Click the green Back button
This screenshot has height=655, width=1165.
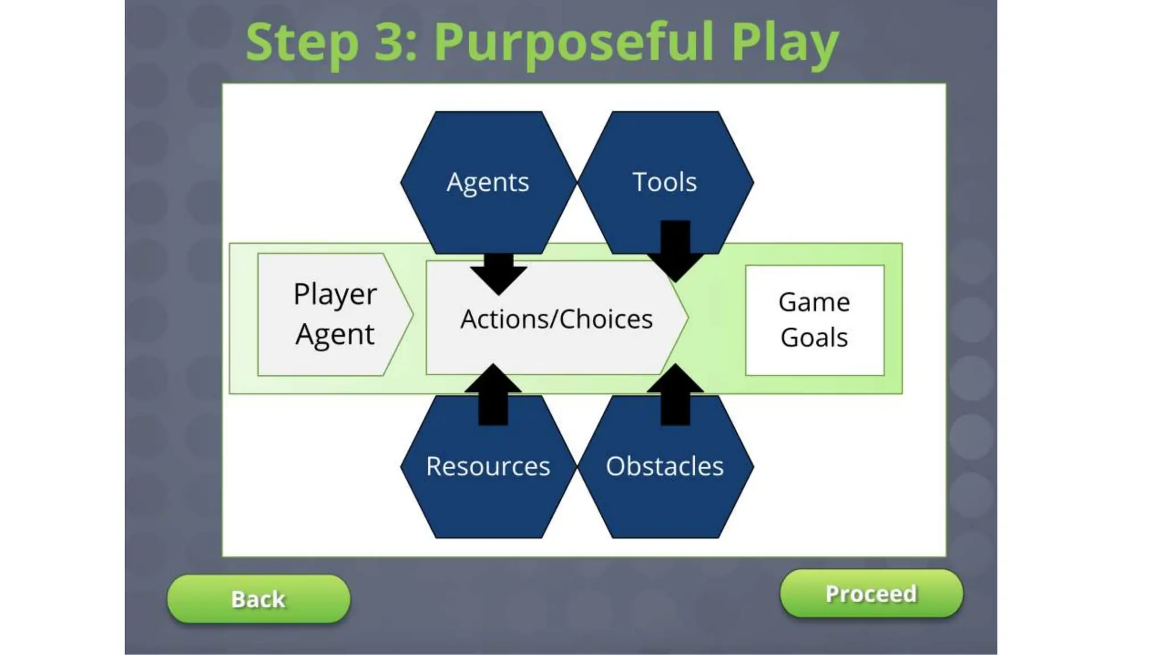click(258, 599)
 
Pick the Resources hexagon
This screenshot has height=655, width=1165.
click(488, 478)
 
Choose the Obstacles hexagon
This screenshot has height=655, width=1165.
click(664, 478)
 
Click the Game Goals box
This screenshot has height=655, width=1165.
click(814, 320)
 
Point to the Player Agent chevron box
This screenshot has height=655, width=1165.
click(334, 314)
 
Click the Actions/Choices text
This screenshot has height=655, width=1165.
click(556, 319)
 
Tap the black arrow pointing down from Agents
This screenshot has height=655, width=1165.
click(498, 274)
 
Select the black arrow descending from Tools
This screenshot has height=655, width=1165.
click(675, 250)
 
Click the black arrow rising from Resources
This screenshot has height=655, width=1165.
click(493, 395)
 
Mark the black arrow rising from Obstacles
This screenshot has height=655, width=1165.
click(675, 395)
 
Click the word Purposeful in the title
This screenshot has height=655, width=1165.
click(575, 42)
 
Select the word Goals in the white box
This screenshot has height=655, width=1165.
click(814, 338)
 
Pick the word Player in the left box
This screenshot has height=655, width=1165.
click(334, 295)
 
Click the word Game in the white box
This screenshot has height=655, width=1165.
click(814, 302)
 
